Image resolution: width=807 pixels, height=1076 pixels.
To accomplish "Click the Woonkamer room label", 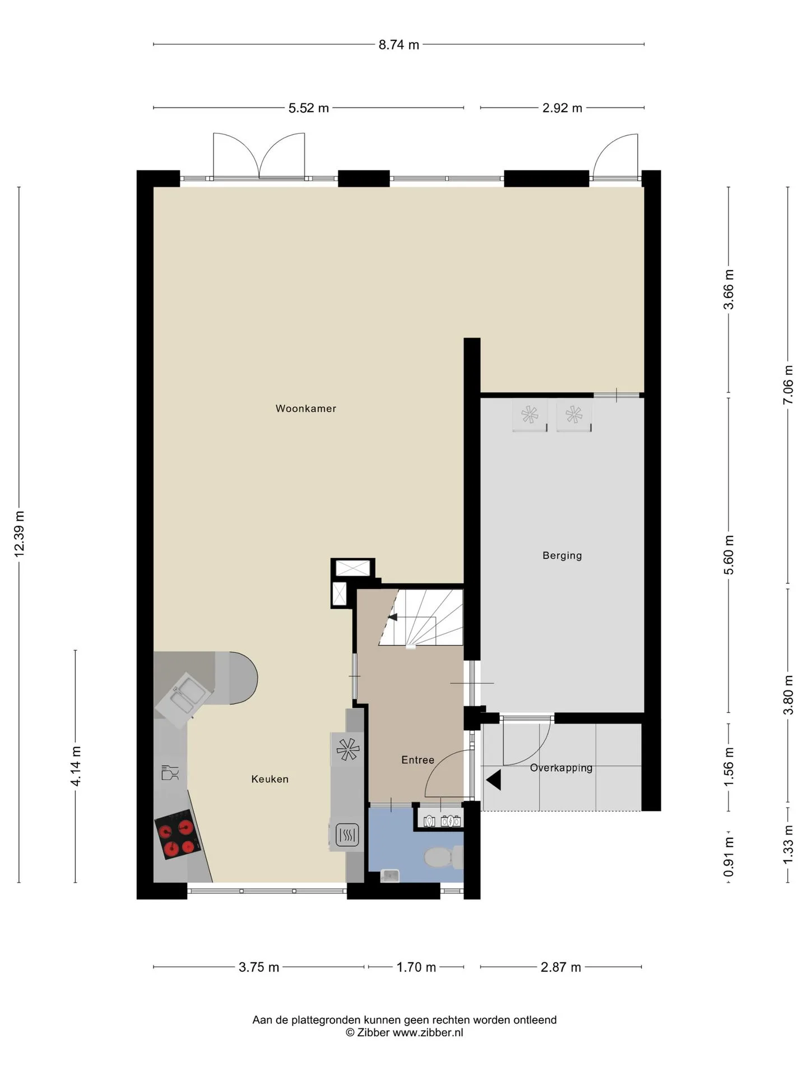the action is [305, 409].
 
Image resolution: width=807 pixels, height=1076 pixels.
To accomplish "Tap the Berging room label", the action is [562, 555].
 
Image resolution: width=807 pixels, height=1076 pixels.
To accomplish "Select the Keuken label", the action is [270, 779].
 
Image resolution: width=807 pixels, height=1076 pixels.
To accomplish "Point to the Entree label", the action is [418, 760].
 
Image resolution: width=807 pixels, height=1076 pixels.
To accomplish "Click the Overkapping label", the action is [561, 768].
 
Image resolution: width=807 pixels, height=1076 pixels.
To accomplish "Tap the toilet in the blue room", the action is [443, 856].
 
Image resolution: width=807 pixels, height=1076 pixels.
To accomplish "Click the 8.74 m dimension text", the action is [398, 45].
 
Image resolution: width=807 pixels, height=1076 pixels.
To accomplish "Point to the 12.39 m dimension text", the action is [19, 534].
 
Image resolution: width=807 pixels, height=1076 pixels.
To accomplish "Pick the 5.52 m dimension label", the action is [308, 108].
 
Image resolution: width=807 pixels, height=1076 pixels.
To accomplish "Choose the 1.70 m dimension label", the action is [416, 967].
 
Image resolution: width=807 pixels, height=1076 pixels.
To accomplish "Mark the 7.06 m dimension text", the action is [788, 384].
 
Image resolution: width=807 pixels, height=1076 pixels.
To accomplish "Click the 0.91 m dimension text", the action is [728, 857].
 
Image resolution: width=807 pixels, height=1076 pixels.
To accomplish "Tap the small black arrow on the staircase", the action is [392, 617].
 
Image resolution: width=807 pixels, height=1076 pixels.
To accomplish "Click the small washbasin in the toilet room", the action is [389, 875].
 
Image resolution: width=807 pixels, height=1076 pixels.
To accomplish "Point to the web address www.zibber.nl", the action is [428, 1032].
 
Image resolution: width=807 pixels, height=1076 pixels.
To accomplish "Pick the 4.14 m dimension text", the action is [76, 766].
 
